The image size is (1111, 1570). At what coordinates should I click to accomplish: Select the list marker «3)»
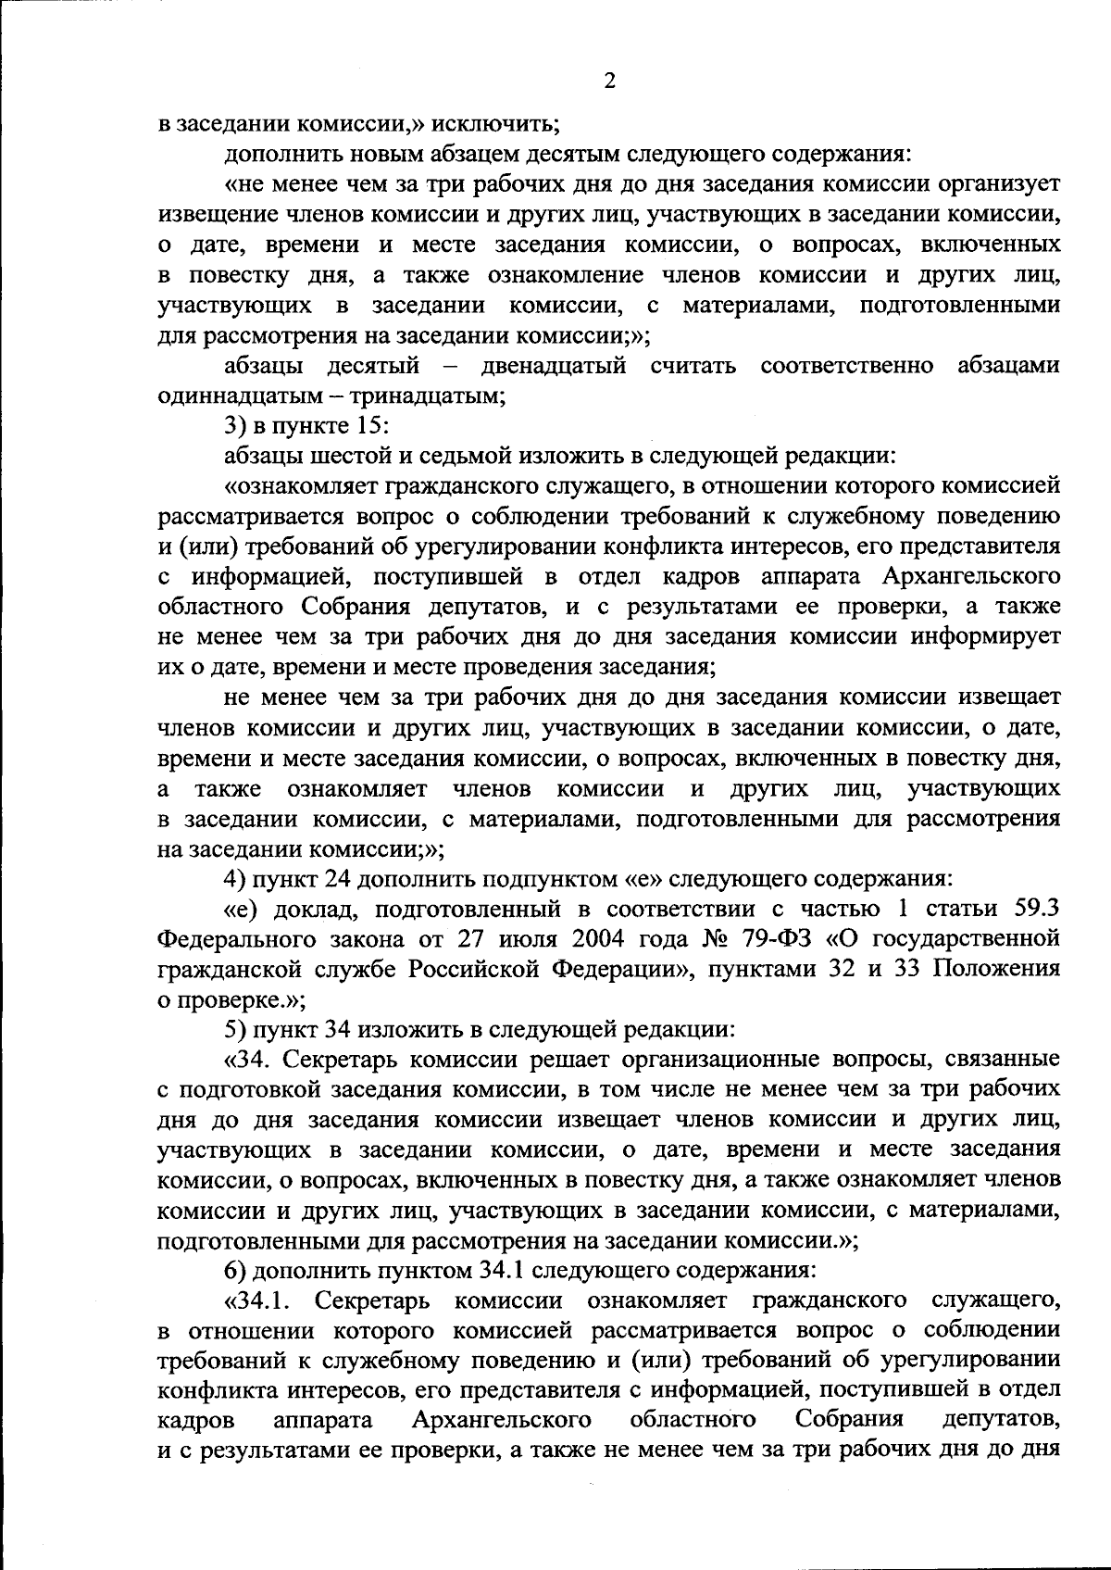(238, 427)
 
